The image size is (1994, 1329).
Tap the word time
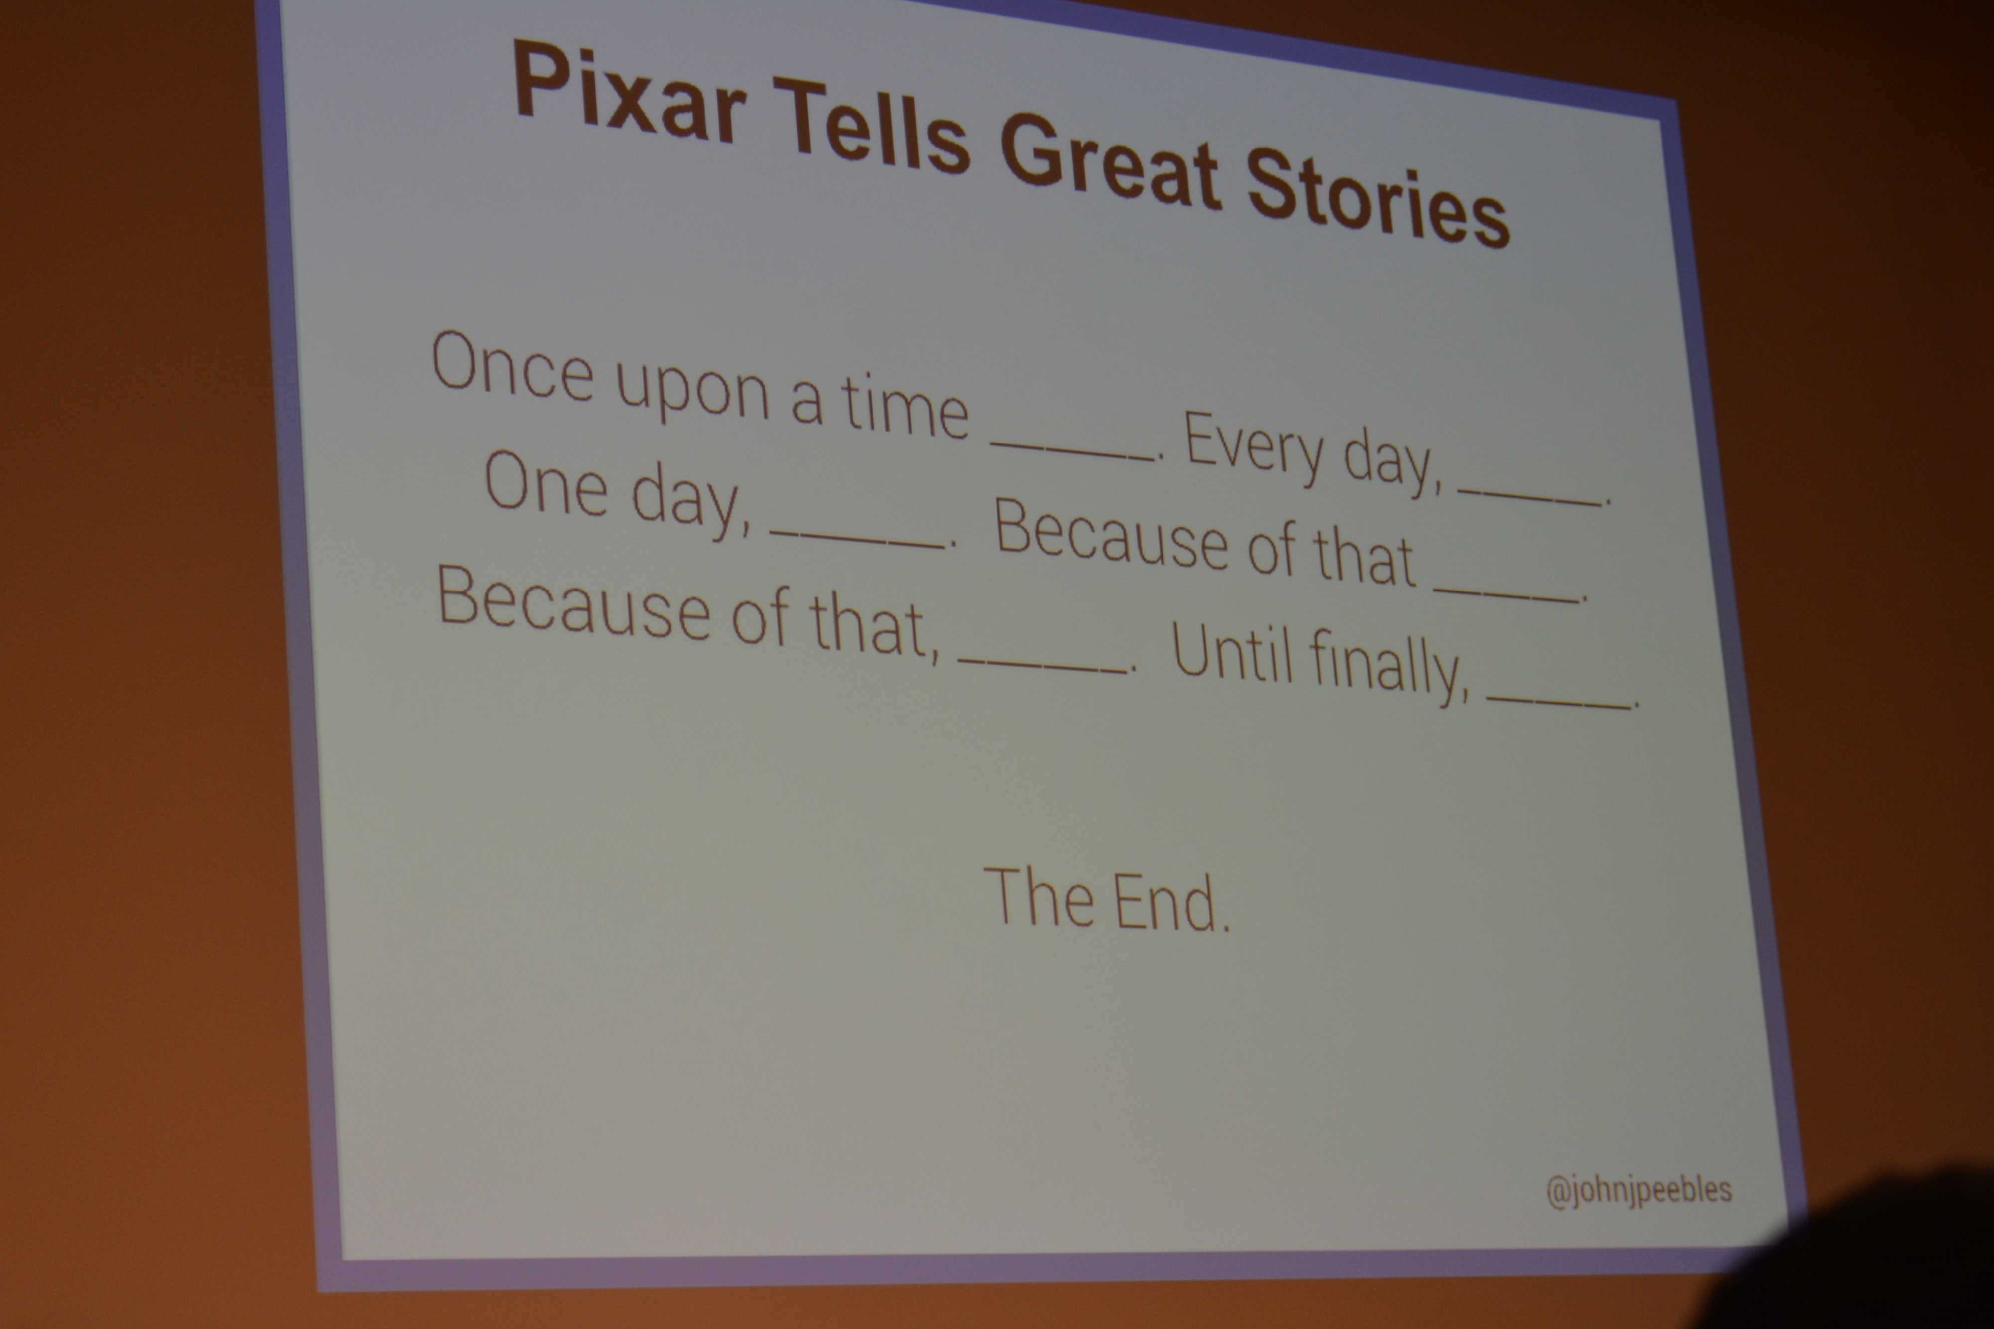click(905, 407)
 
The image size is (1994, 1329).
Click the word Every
click(1254, 448)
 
